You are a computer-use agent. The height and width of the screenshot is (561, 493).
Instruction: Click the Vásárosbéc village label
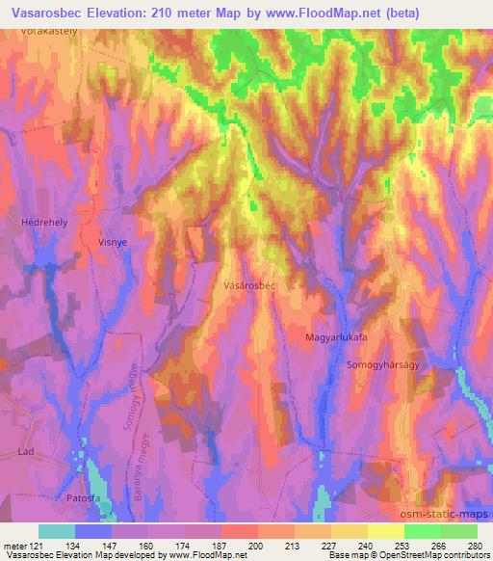click(249, 286)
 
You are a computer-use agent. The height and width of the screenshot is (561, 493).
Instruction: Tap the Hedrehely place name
click(41, 222)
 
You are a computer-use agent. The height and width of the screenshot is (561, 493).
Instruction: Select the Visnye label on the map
click(113, 243)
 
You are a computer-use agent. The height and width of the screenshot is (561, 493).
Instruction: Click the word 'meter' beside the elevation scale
click(14, 544)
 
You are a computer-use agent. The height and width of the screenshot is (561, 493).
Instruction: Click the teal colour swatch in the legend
click(56, 531)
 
